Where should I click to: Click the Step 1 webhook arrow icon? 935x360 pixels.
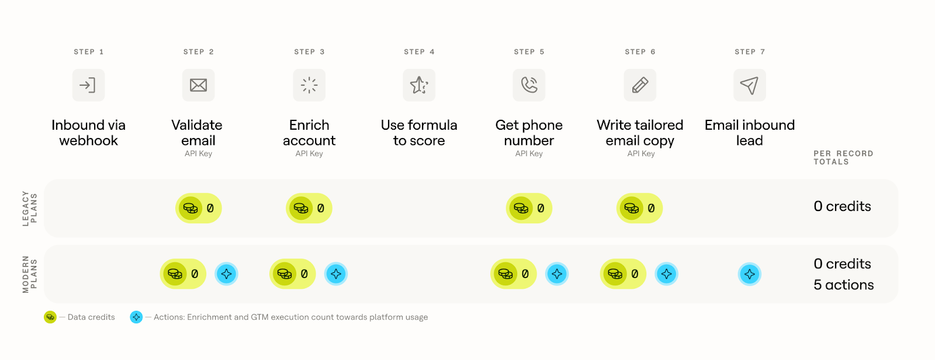88,85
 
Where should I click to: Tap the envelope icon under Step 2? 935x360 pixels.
198,85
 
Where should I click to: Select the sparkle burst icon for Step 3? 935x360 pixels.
309,85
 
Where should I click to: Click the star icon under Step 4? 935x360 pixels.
419,85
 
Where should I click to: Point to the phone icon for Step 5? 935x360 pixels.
529,85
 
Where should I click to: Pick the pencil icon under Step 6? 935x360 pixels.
640,85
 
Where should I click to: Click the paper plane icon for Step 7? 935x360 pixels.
750,85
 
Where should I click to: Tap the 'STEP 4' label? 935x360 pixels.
419,52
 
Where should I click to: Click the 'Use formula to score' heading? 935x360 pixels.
419,133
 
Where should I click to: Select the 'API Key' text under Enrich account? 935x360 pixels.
309,154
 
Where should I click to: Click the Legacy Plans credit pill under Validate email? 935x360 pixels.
198,208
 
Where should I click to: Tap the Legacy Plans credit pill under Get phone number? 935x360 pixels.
529,208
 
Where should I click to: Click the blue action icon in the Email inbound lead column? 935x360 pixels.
750,274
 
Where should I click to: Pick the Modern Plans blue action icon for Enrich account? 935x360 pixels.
336,274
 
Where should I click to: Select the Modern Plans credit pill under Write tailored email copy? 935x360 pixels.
623,274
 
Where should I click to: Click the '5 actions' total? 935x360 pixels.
844,285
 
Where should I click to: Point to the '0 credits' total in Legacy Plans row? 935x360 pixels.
842,206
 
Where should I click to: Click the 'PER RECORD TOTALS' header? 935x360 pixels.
843,158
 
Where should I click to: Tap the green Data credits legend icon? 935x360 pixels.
50,317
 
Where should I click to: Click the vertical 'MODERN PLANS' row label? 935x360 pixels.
30,274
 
